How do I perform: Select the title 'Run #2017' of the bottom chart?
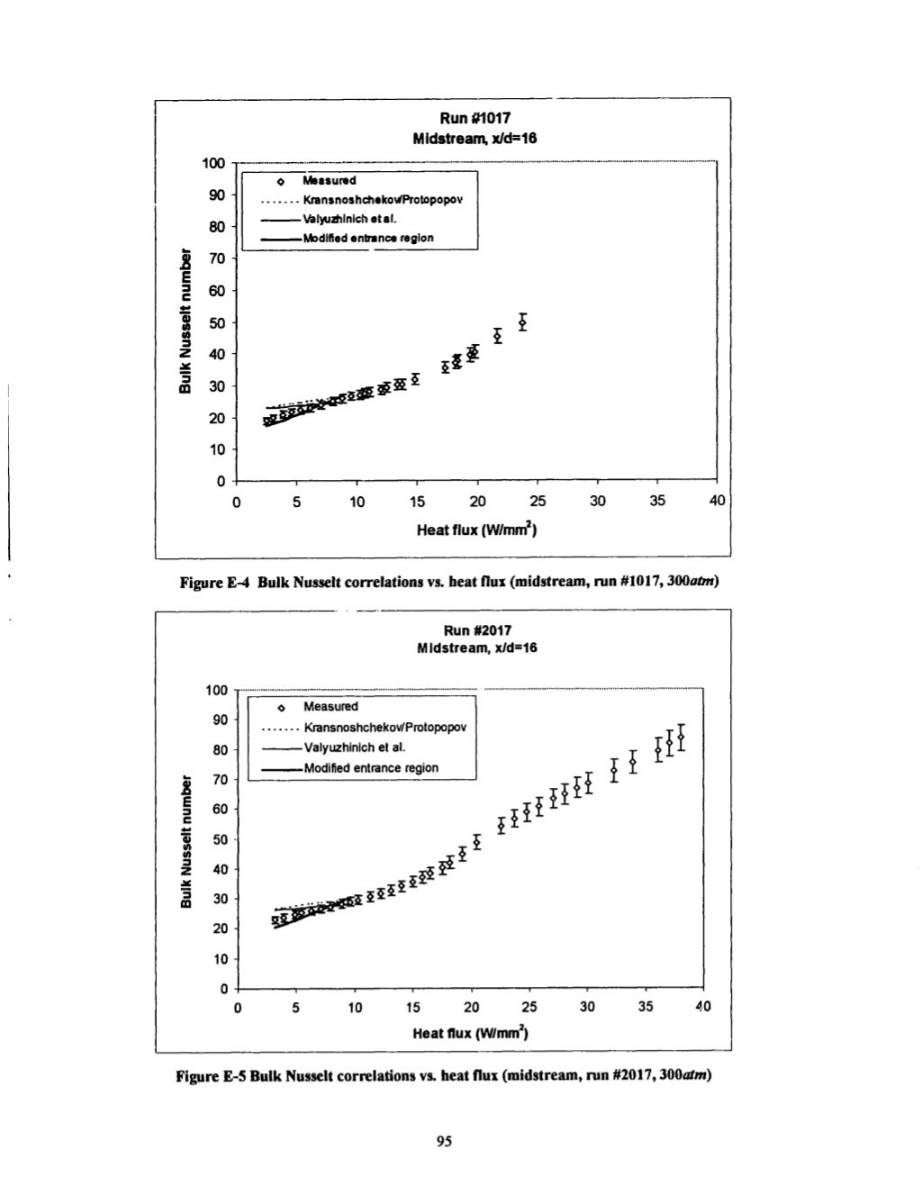pos(477,630)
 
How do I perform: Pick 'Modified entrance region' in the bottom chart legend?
pos(370,768)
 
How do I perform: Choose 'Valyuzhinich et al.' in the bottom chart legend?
pos(354,747)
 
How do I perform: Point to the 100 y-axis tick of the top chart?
pos(212,163)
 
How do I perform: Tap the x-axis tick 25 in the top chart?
pos(537,501)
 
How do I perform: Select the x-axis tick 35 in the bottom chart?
pos(646,1008)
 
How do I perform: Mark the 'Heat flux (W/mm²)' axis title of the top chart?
pos(476,530)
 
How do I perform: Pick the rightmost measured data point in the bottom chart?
pos(681,738)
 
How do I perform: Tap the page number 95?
pos(442,1140)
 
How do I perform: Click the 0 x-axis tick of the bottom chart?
pos(237,1008)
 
